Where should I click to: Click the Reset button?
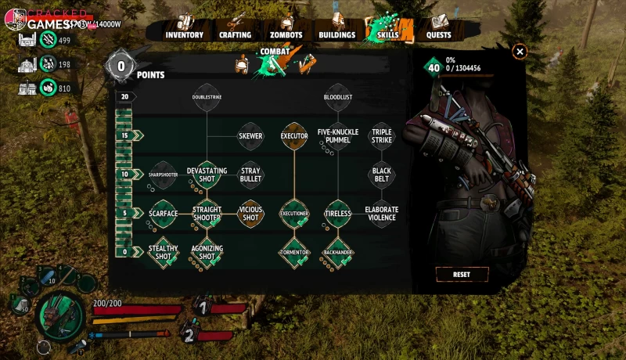[x=462, y=275]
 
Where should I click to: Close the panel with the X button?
[x=520, y=52]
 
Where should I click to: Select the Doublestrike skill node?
[x=207, y=97]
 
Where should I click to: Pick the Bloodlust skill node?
[x=337, y=97]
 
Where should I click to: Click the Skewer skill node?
[x=250, y=135]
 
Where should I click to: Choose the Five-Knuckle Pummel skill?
[x=337, y=135]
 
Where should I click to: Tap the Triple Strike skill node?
[x=382, y=135]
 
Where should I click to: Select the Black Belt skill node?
[x=382, y=175]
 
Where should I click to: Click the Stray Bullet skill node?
[x=250, y=175]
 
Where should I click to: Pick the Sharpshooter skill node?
[x=163, y=175]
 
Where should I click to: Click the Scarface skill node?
[x=163, y=214]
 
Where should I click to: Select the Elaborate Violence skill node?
[x=382, y=214]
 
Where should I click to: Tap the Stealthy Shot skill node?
[x=163, y=252]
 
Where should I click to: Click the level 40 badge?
[x=433, y=67]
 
